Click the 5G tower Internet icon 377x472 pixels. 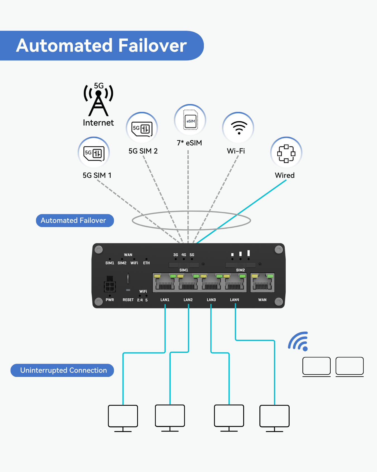point(98,100)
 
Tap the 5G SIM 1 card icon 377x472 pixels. point(94,153)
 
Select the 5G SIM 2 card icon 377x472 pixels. point(142,128)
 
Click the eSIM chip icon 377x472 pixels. point(190,120)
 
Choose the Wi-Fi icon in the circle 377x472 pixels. point(238,128)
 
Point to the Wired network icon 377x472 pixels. point(286,153)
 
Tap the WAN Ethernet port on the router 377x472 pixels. point(262,283)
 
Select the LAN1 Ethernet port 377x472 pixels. point(165,283)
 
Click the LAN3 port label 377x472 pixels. point(211,300)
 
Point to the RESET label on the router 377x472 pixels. point(128,300)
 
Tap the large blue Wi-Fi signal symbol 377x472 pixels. point(299,341)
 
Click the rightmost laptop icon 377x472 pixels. point(349,367)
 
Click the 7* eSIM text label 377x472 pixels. point(189,143)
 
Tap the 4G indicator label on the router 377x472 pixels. point(184,255)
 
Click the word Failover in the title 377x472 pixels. point(152,46)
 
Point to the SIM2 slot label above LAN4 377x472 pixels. point(240,270)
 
